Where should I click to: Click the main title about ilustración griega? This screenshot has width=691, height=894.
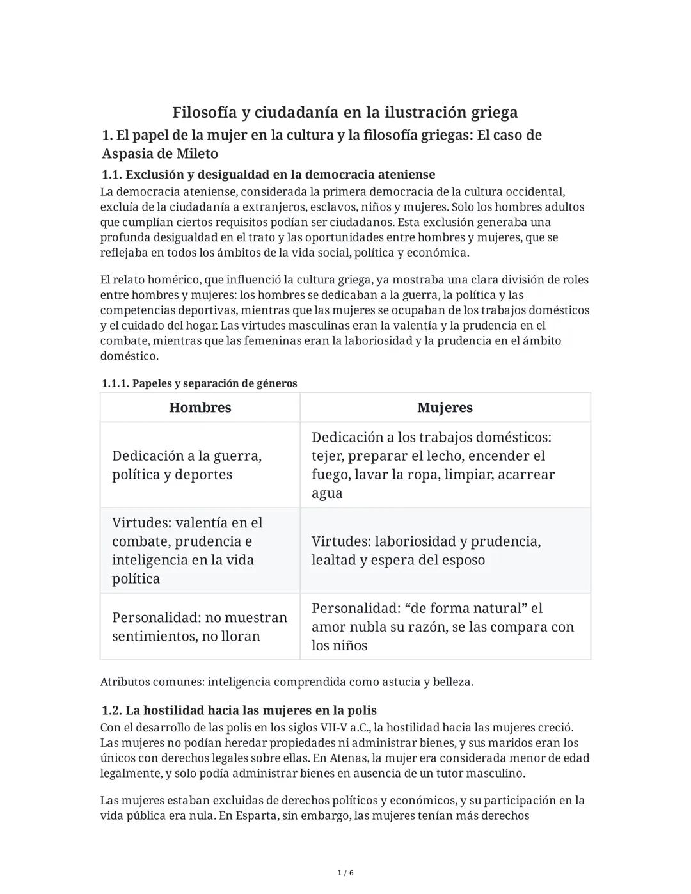tap(345, 113)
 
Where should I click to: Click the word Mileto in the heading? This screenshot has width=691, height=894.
tap(196, 154)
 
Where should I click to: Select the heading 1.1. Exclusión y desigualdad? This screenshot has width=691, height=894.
tap(269, 174)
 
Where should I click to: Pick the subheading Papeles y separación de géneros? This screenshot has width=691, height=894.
tap(199, 383)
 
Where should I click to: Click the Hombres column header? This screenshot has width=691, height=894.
tap(200, 408)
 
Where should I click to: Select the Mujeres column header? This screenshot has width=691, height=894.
tap(445, 408)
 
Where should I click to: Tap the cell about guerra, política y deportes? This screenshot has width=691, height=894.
tap(187, 465)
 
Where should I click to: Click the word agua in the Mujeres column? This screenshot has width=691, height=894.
tap(327, 493)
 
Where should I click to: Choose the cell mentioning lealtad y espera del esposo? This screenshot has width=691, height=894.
tap(426, 550)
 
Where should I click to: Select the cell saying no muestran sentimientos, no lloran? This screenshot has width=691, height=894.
tap(200, 627)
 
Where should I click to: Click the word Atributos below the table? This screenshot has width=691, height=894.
tap(125, 682)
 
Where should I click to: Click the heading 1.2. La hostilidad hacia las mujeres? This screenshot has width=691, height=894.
tap(239, 710)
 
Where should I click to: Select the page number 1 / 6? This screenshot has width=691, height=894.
tap(345, 873)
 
